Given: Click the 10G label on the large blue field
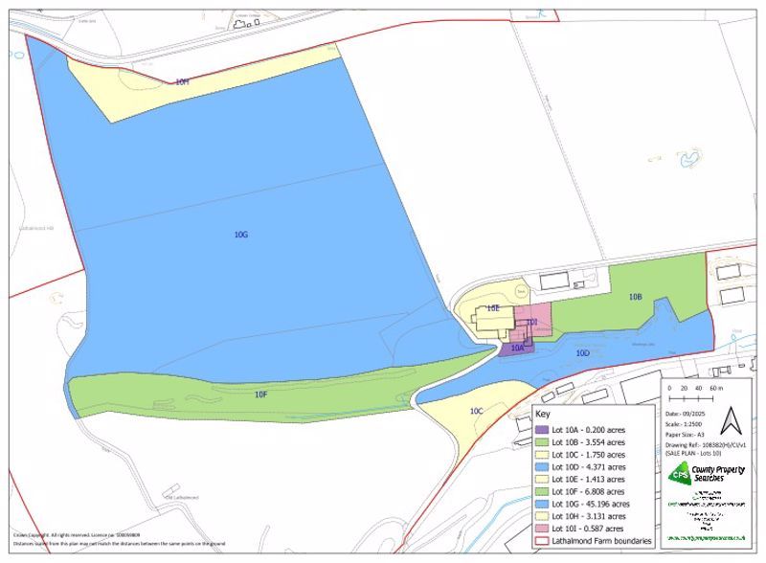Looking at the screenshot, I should pyautogui.click(x=240, y=234).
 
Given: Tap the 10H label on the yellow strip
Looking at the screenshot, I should pyautogui.click(x=182, y=82).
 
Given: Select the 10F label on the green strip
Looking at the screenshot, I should pyautogui.click(x=260, y=394).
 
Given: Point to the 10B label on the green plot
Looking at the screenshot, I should pyautogui.click(x=635, y=297).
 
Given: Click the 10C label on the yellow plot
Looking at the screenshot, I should pyautogui.click(x=476, y=411).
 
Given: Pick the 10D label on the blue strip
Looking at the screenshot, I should pyautogui.click(x=582, y=353).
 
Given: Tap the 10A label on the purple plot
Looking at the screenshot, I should pyautogui.click(x=517, y=349).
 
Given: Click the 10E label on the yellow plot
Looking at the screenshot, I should pyautogui.click(x=493, y=308).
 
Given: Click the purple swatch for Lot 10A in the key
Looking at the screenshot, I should pyautogui.click(x=542, y=429).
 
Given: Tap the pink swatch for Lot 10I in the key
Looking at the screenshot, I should pyautogui.click(x=542, y=529).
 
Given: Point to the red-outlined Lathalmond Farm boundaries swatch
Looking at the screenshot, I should pyautogui.click(x=542, y=541).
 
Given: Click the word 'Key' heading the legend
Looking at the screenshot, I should pyautogui.click(x=543, y=415).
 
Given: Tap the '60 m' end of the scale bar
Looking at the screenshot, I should pyautogui.click(x=716, y=388).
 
